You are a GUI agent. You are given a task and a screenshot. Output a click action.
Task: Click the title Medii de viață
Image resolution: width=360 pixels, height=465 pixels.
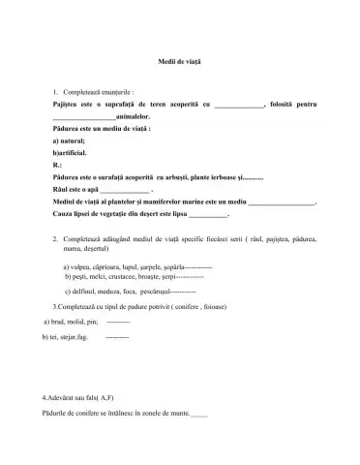pyautogui.click(x=179, y=59)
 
